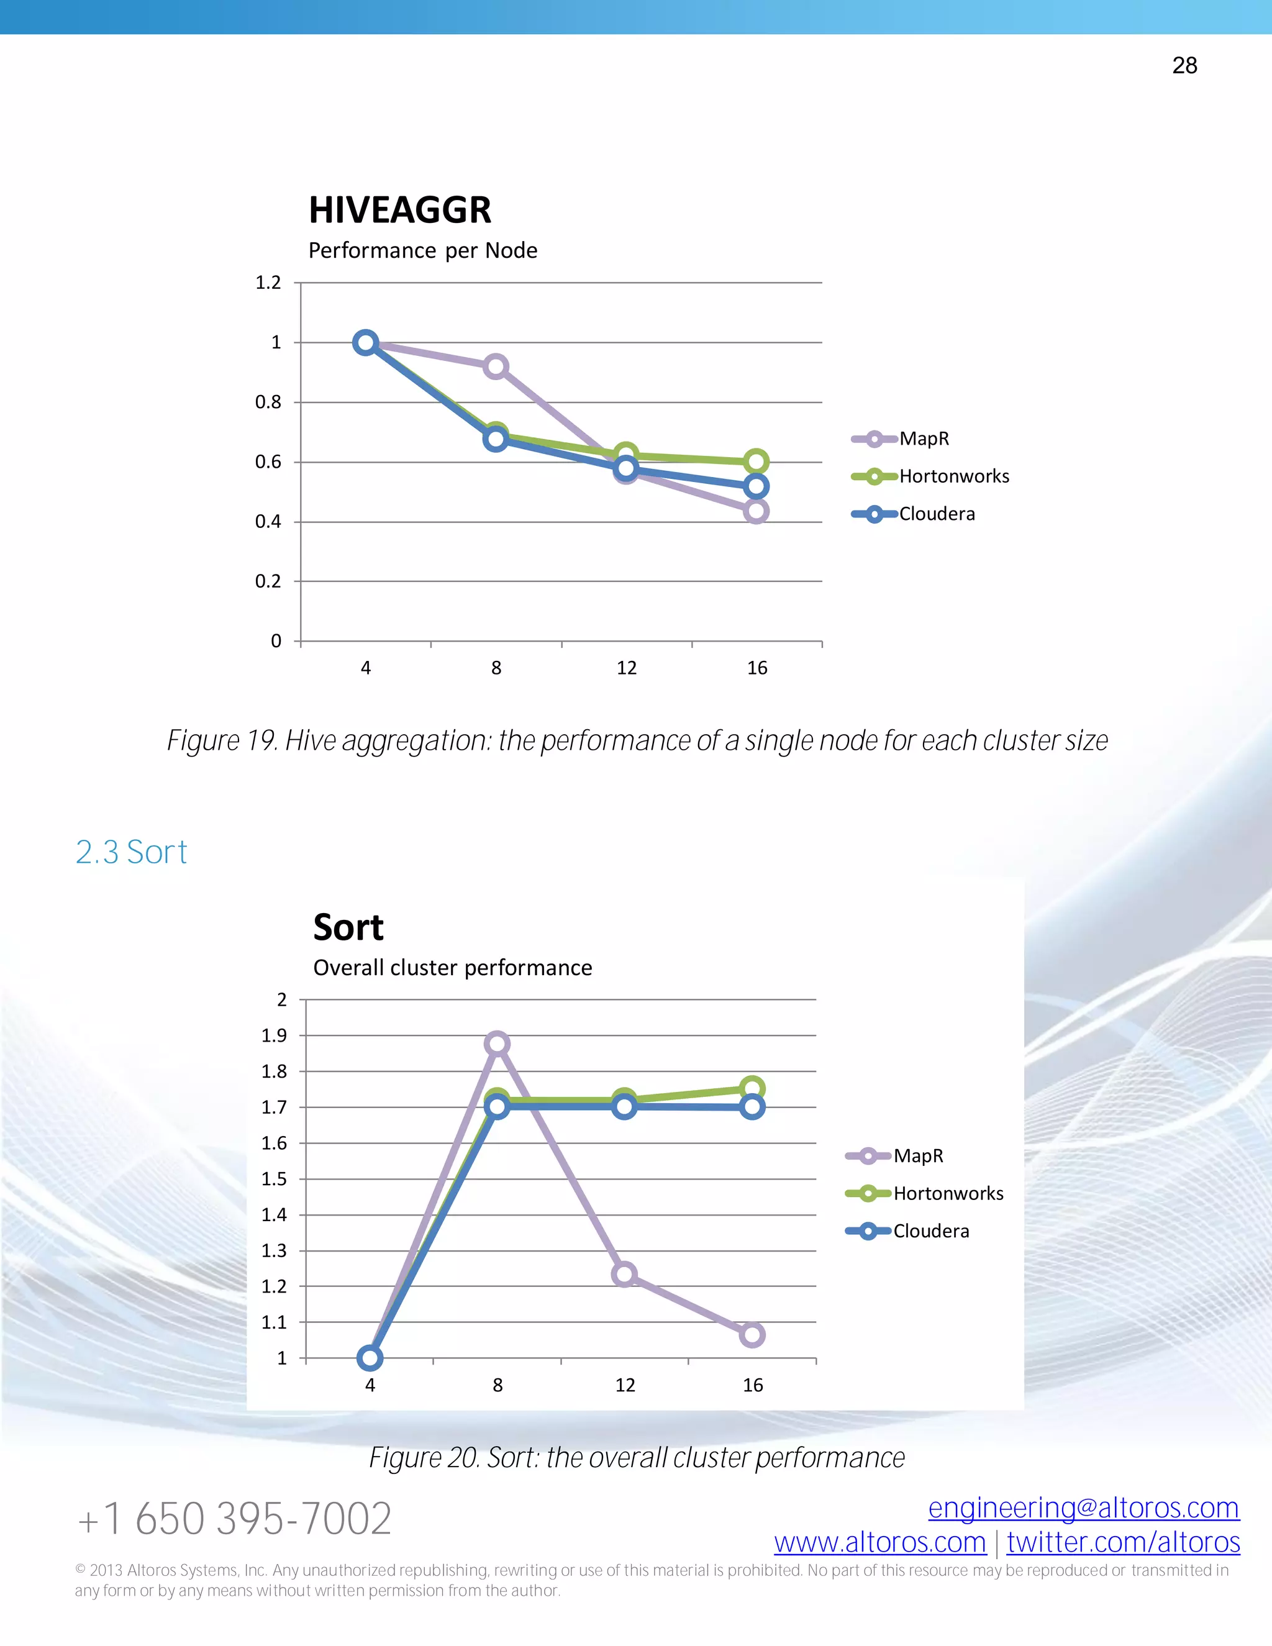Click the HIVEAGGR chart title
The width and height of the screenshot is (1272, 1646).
click(x=399, y=211)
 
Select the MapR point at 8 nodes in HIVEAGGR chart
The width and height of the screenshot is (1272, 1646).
click(x=496, y=367)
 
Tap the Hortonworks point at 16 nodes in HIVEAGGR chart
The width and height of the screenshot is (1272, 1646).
click(x=756, y=462)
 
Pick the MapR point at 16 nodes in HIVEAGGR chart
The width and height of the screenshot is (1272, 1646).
click(x=756, y=511)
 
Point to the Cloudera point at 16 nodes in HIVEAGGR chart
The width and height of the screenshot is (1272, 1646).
click(x=756, y=486)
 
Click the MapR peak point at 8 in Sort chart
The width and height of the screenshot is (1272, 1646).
click(x=497, y=1044)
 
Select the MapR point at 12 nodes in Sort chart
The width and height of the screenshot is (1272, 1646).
click(x=625, y=1275)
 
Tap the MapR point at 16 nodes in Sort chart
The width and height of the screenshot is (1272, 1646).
click(x=752, y=1335)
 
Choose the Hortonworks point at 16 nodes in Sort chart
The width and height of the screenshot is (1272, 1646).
click(x=752, y=1088)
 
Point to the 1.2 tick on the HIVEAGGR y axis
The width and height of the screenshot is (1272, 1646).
click(x=268, y=283)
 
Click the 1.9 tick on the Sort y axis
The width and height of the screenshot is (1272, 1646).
click(x=275, y=1035)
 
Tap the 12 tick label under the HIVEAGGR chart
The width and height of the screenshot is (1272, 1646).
click(x=626, y=668)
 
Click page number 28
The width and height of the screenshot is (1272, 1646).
click(x=1184, y=66)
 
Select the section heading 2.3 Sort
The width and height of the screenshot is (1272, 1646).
click(x=131, y=852)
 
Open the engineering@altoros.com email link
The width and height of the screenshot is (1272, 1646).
click(x=1084, y=1508)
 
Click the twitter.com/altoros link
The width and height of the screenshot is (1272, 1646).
click(x=1123, y=1543)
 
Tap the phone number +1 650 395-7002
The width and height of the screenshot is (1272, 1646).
click(x=234, y=1519)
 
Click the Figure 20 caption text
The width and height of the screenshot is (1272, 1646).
click(x=637, y=1458)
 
